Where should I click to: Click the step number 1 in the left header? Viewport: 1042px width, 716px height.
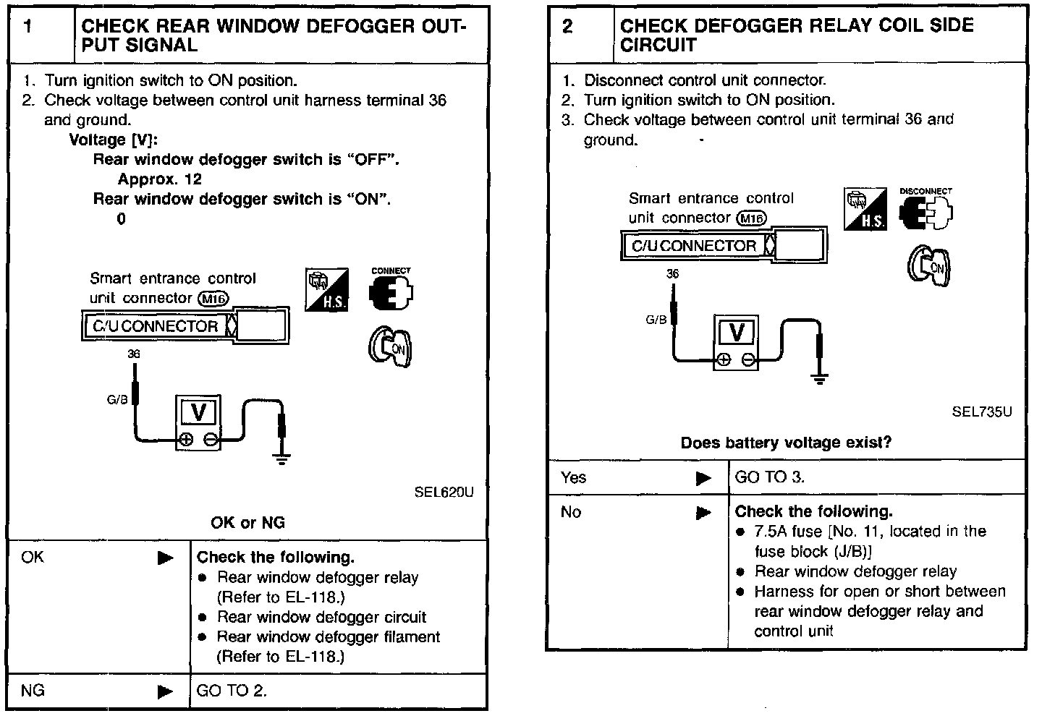[28, 27]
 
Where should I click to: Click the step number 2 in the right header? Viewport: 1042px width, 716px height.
[567, 27]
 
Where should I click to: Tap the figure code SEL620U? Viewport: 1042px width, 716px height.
[444, 493]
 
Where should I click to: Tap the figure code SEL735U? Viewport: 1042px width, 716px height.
[981, 412]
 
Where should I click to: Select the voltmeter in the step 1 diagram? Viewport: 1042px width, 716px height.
[198, 422]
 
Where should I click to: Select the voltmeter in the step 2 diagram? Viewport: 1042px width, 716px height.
[737, 342]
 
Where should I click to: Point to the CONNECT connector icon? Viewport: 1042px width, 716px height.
[391, 291]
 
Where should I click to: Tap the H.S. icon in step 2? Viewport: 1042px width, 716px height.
[865, 209]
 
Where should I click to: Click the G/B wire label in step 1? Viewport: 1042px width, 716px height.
[117, 400]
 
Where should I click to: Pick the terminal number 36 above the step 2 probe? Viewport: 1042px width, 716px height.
[673, 273]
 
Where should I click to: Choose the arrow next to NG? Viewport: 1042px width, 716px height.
[166, 691]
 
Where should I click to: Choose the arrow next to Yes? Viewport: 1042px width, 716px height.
[703, 478]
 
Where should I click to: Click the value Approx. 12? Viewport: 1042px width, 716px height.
[160, 179]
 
